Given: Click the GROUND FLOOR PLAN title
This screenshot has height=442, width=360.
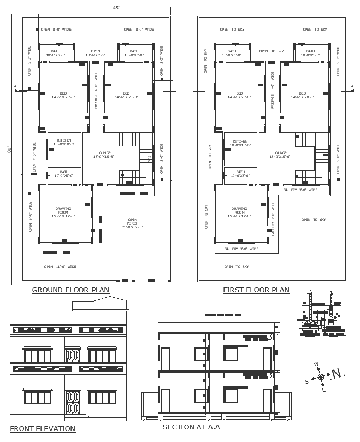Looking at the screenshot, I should (70, 290).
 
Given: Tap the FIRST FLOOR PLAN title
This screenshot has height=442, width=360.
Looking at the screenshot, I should (256, 290).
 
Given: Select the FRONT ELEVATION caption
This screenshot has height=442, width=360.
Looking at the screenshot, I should (43, 428).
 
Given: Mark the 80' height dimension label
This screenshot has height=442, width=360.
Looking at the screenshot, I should (9, 150).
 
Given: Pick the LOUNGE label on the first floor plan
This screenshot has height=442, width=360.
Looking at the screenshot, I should (280, 155).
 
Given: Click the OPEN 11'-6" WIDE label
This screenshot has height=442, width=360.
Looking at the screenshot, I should (60, 267).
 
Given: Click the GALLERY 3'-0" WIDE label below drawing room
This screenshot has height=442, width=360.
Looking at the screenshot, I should (241, 249).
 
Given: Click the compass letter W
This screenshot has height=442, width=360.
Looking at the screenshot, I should (316, 364).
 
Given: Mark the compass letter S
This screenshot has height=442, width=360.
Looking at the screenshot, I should (306, 381).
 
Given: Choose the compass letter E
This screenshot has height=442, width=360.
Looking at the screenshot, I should (323, 390).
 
